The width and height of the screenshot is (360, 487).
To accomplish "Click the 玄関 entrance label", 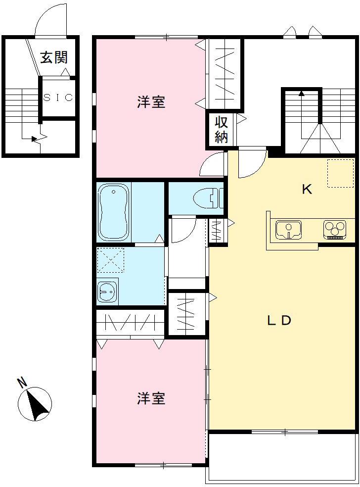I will pyautogui.click(x=53, y=57).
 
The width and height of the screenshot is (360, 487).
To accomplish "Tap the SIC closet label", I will pyautogui.click(x=58, y=97).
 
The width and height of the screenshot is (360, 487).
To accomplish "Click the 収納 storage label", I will pyautogui.click(x=221, y=130).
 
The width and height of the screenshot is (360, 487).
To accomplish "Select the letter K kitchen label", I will pyautogui.click(x=307, y=189).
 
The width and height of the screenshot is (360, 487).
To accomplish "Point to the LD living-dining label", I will pyautogui.click(x=279, y=321).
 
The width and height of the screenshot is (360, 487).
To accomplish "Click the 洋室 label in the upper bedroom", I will pyautogui.click(x=151, y=102).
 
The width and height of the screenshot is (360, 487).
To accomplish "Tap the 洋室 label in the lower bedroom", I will pyautogui.click(x=151, y=398).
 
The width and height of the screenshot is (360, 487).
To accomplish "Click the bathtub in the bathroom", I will pyautogui.click(x=114, y=212).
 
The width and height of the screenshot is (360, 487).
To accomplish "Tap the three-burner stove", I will pyautogui.click(x=335, y=229).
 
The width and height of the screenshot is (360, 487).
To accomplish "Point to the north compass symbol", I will pyautogui.click(x=35, y=404).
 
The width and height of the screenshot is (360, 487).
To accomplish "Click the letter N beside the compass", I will pyautogui.click(x=21, y=382).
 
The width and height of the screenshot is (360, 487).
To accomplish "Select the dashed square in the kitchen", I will pyautogui.click(x=340, y=173).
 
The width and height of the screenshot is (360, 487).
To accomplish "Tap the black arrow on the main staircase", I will pyautogui.click(x=301, y=92).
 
